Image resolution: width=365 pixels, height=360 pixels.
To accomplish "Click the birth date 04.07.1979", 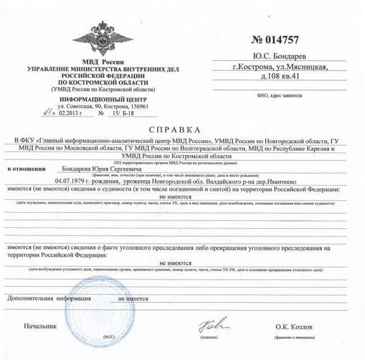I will [72, 181].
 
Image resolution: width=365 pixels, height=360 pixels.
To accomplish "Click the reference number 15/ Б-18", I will [120, 113].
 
